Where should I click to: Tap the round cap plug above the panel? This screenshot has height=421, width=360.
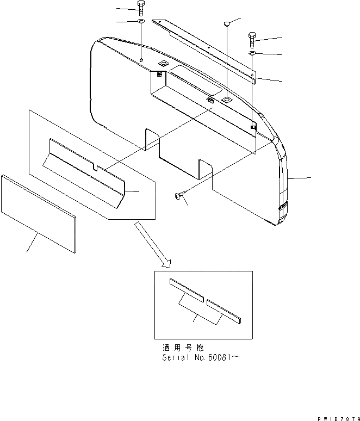tap(227, 23)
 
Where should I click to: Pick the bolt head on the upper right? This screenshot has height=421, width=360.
tap(253, 39)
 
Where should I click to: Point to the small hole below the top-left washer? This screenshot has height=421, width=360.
tap(141, 59)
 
